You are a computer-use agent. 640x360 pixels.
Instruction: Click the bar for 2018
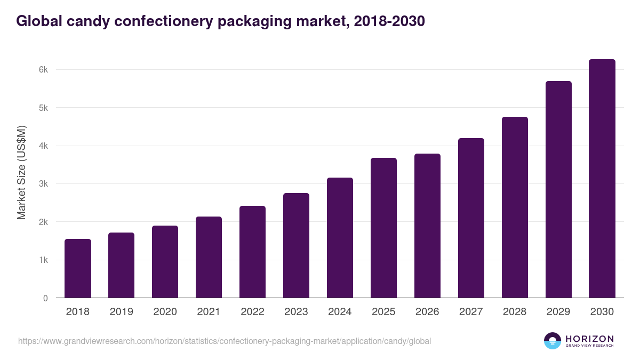(78, 268)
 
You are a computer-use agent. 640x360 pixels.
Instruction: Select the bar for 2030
(602, 179)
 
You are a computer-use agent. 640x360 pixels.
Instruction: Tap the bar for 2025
(383, 228)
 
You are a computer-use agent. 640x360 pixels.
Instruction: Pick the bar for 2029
(558, 189)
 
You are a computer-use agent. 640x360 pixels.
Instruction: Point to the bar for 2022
(252, 252)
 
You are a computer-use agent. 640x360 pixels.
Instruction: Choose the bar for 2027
(471, 218)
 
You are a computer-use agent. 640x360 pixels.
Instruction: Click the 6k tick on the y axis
(43, 70)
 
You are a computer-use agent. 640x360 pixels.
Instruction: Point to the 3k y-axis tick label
(43, 184)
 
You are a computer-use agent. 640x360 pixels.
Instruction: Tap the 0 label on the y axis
(45, 298)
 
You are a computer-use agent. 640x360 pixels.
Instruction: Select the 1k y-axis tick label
(43, 260)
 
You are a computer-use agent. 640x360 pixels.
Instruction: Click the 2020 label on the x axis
(165, 312)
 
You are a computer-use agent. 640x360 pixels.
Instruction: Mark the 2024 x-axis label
(340, 312)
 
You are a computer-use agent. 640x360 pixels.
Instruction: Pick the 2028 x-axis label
(515, 312)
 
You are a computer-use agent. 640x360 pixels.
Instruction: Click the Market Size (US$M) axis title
(21, 172)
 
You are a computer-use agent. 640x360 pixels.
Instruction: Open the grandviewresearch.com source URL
(225, 341)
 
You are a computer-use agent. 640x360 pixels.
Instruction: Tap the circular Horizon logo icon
(553, 341)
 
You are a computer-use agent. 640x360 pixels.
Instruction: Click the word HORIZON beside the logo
(589, 339)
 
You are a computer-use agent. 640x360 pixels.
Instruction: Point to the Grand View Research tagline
(589, 346)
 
